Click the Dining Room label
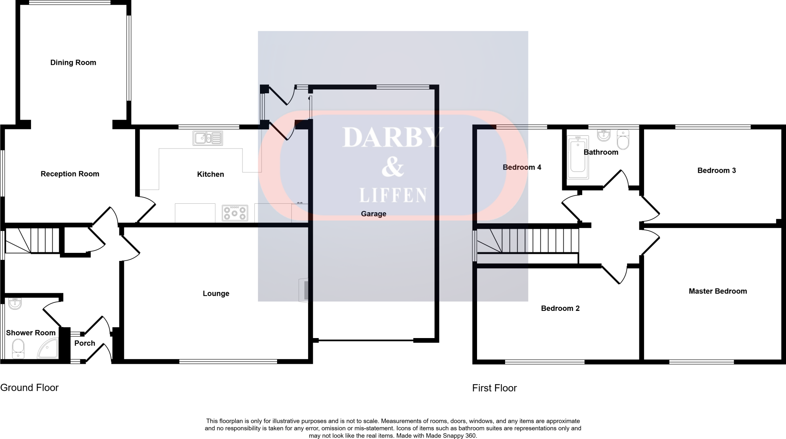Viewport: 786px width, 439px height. [x=73, y=63]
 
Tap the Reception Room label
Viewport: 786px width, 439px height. [x=70, y=174]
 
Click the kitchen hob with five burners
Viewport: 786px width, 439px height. [x=234, y=213]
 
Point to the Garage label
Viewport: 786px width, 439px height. [x=373, y=214]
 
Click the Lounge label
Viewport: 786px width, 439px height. [x=216, y=294]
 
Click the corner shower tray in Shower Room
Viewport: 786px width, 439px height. [x=48, y=349]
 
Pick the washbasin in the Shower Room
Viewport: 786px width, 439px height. [x=15, y=304]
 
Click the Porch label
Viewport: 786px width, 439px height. [x=84, y=343]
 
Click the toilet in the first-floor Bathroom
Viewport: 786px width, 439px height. [x=623, y=140]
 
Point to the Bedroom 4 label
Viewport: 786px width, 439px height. [x=522, y=167]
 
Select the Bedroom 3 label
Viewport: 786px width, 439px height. [x=717, y=170]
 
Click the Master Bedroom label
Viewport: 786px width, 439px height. [x=718, y=291]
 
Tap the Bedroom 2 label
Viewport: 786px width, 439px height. [x=560, y=308]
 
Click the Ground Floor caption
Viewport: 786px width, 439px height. [x=30, y=388]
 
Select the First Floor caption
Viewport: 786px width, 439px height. [x=494, y=388]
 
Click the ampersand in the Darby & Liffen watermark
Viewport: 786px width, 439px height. [x=393, y=167]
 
